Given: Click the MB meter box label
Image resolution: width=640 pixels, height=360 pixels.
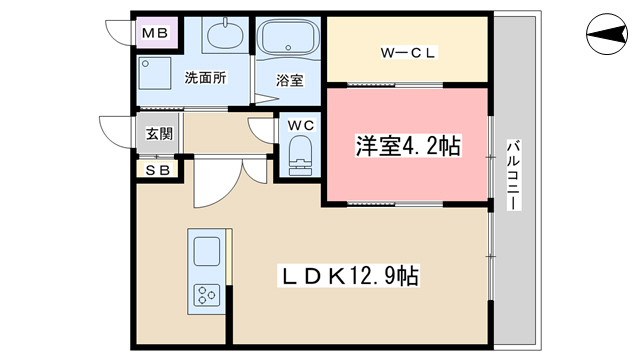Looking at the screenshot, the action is [155, 33].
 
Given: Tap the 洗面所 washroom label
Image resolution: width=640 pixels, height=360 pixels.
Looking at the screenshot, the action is [205, 78].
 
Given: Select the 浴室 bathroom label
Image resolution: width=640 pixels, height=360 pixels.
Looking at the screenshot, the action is [289, 80].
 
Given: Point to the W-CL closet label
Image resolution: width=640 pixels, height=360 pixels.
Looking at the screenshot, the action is [408, 53].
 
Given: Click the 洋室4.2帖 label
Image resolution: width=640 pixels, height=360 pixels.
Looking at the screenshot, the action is [408, 146].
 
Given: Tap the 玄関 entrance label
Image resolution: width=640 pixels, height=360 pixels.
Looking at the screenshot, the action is [160, 133].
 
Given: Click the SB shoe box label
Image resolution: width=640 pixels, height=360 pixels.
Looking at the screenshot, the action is [158, 170].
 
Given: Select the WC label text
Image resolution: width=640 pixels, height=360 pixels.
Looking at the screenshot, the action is [301, 125].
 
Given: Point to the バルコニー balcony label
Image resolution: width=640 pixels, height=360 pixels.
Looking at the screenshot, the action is [514, 175].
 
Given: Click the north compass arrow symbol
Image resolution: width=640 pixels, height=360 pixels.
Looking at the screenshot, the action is [607, 34].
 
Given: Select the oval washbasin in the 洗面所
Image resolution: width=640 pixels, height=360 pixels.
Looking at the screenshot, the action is [225, 35].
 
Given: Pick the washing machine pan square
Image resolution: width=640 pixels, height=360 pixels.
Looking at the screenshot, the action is [155, 73].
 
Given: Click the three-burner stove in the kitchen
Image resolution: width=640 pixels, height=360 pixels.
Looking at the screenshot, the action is [207, 295].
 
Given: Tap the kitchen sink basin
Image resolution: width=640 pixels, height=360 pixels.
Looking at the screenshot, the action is [207, 251].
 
